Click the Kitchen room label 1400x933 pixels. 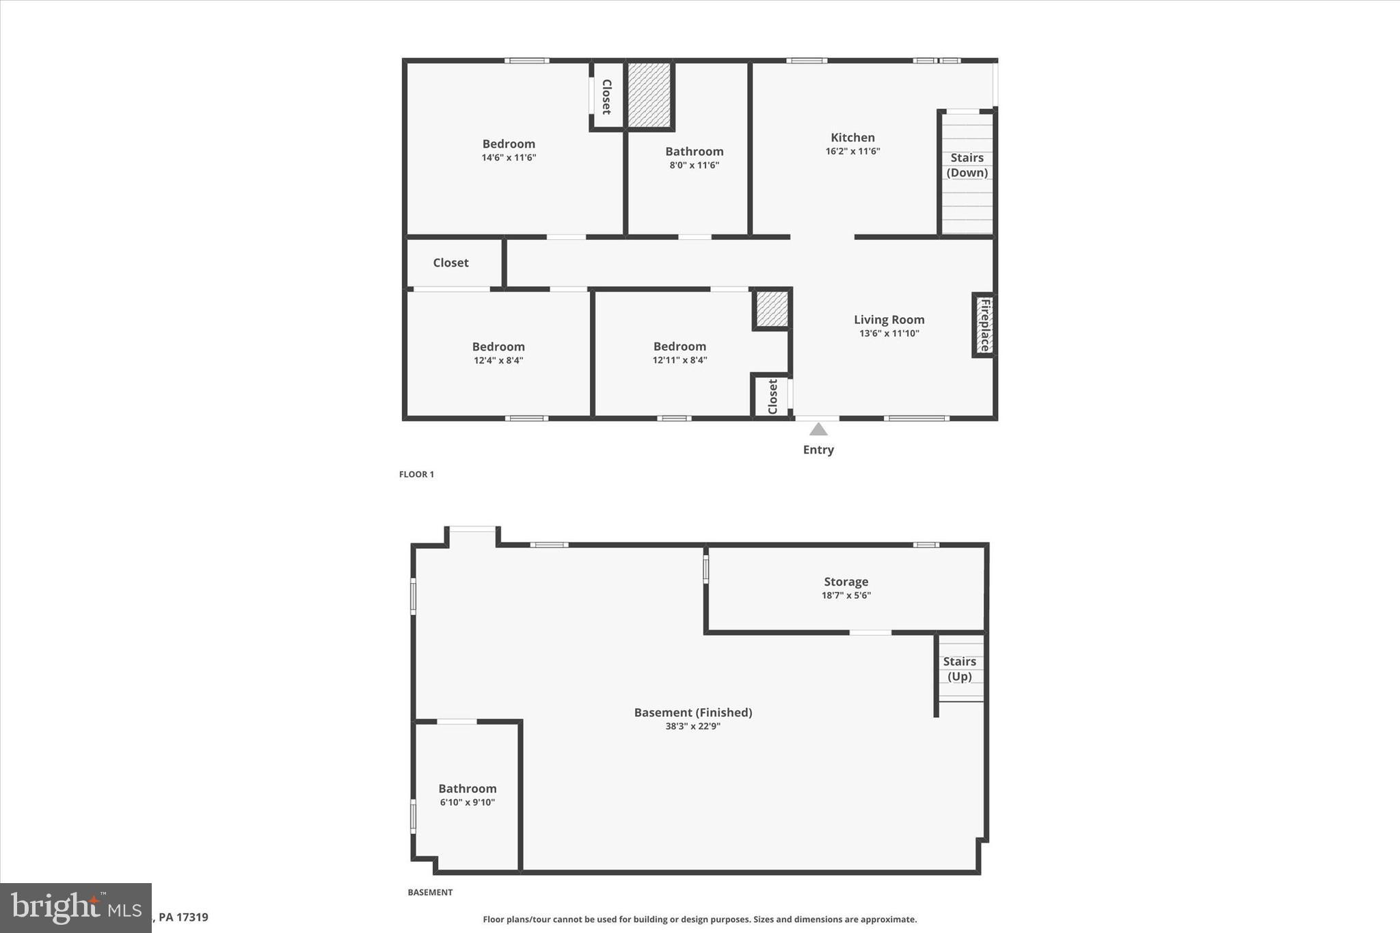click(852, 137)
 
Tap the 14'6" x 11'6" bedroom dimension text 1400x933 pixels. click(509, 158)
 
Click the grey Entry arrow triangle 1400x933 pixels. click(818, 429)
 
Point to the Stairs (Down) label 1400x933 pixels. click(967, 165)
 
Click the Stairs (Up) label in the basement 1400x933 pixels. click(959, 668)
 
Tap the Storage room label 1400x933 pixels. click(846, 582)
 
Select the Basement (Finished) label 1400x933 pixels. click(692, 712)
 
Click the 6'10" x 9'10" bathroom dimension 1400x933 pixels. click(468, 802)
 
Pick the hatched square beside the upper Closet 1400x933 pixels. click(649, 94)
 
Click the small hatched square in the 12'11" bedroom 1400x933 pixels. click(772, 309)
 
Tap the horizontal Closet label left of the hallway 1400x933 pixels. click(450, 262)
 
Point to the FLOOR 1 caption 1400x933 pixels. click(416, 474)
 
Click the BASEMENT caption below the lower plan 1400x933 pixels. click(430, 892)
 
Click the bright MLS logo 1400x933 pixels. click(75, 908)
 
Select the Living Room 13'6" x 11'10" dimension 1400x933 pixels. click(889, 334)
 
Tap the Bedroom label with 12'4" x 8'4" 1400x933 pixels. click(498, 347)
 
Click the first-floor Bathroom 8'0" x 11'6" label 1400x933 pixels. click(694, 152)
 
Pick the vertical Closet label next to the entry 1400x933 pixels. click(772, 396)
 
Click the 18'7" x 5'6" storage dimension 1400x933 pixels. click(846, 595)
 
